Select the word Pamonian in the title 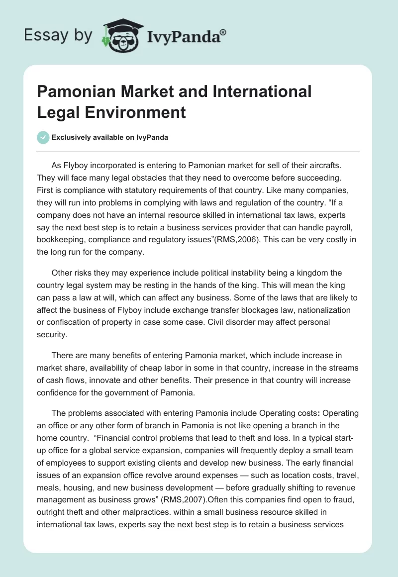click(x=73, y=92)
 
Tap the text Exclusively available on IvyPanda click(x=109, y=137)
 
